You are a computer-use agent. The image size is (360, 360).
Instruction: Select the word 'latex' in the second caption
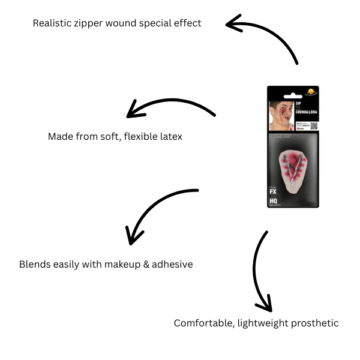(170, 137)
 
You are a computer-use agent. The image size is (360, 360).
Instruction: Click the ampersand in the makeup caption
(146, 264)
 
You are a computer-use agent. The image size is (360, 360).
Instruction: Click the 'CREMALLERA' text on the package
(305, 112)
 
